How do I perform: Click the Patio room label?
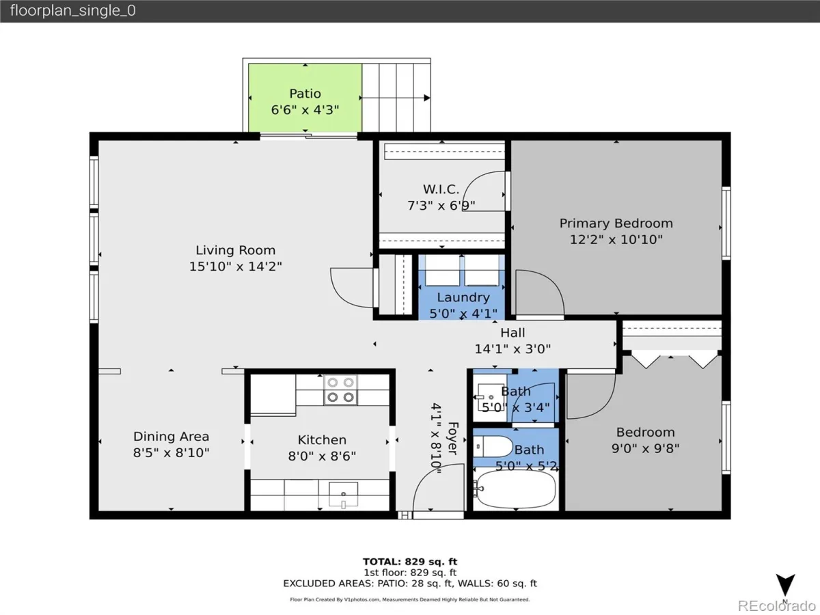click(305, 94)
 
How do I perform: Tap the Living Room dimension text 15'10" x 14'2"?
click(235, 266)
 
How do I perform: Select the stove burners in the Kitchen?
click(340, 389)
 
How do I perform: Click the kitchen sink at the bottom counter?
click(343, 495)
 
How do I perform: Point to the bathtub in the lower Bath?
click(515, 489)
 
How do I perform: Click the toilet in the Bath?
click(493, 446)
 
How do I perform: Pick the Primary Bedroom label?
click(616, 223)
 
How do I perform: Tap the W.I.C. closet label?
click(441, 189)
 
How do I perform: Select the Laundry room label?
click(463, 297)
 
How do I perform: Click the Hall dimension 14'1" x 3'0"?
click(512, 348)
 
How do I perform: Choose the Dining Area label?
click(171, 436)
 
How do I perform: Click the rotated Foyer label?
click(453, 439)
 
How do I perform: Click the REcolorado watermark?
click(777, 605)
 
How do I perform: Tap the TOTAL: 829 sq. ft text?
click(410, 562)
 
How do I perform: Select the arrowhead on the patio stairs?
click(427, 98)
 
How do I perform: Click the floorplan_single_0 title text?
click(73, 10)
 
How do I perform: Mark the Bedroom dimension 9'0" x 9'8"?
click(645, 448)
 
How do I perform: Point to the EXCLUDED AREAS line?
click(410, 584)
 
